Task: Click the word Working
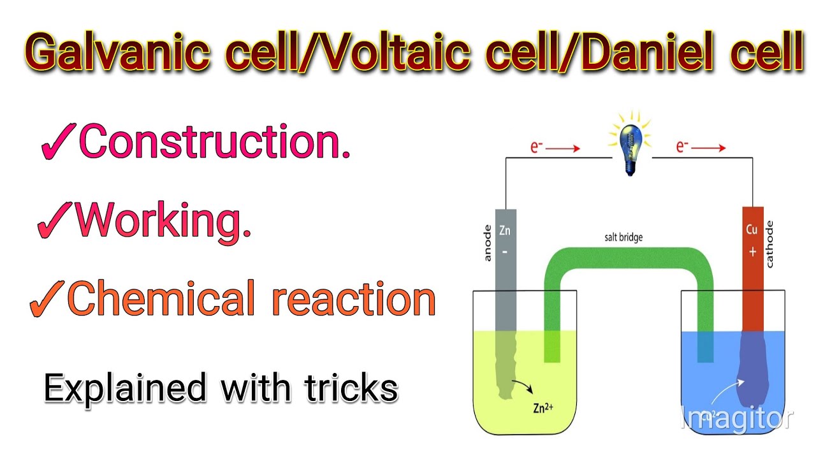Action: (x=163, y=221)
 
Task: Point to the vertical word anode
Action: (x=488, y=243)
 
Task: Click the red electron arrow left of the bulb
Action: (x=564, y=149)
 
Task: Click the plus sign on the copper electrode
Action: (x=752, y=252)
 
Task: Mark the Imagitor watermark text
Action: (x=736, y=419)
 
